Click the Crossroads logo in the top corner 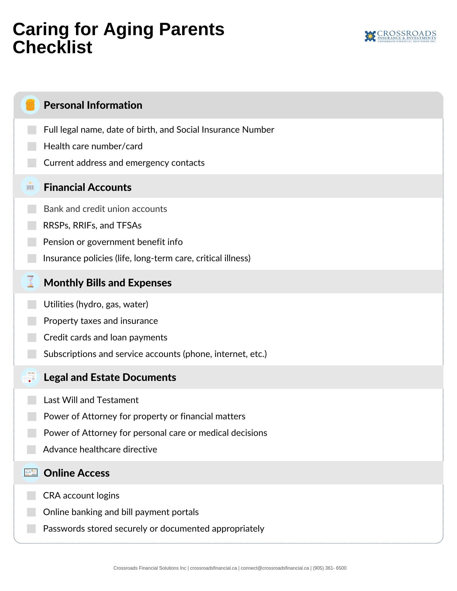point(400,36)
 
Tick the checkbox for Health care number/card point(32,146)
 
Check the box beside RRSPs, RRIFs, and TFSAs point(32,225)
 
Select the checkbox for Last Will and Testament point(32,400)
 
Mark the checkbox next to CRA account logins point(31,496)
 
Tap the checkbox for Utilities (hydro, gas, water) point(32,304)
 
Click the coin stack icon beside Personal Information point(30,105)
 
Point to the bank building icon point(30,186)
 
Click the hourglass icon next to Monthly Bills point(30,282)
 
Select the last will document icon point(30,377)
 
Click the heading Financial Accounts point(88,187)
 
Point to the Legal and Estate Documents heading point(110,377)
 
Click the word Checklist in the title point(52,47)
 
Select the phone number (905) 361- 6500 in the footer point(330,568)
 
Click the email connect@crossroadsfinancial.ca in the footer point(274,568)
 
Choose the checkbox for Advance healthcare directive point(31,449)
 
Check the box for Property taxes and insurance point(32,321)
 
